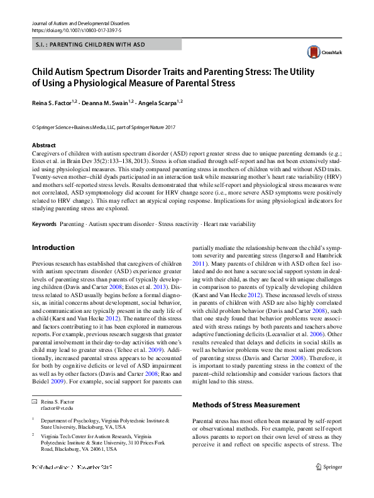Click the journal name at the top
(x=73, y=23)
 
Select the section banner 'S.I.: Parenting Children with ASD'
(x=91, y=45)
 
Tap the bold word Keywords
(x=45, y=224)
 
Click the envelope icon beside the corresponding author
(x=34, y=401)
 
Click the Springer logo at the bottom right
(x=329, y=484)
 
